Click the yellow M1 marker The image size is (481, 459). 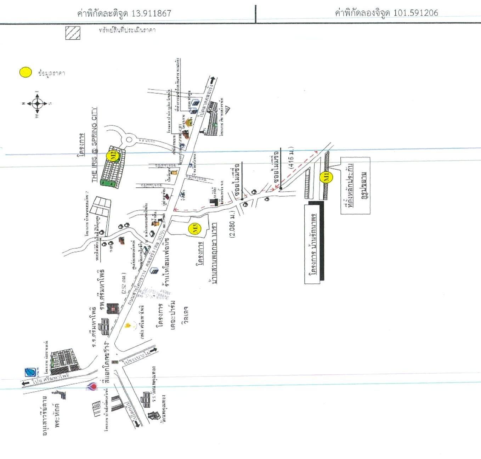(x=326, y=176)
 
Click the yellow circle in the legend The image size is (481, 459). (x=26, y=73)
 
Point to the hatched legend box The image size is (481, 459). (x=73, y=33)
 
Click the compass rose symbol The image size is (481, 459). (x=37, y=104)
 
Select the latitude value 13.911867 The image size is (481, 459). (x=151, y=13)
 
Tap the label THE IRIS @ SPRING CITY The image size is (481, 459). (x=94, y=145)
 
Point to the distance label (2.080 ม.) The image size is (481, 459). (x=232, y=225)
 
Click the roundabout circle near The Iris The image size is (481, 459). (x=129, y=140)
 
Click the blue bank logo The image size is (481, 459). (x=30, y=372)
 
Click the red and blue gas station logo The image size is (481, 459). (x=91, y=387)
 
